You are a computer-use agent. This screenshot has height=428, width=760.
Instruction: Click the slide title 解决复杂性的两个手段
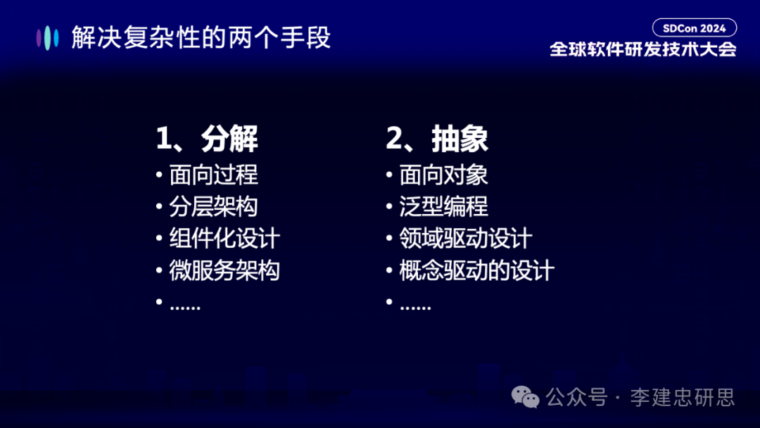coord(201,37)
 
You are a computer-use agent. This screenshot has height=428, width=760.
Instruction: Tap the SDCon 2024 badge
coord(694,28)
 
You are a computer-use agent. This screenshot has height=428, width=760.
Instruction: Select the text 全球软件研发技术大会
coord(642,49)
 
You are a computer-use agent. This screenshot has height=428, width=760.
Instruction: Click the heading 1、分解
coord(207,139)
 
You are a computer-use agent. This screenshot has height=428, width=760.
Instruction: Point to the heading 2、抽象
coord(437,139)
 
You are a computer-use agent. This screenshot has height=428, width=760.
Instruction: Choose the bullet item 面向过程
coord(213,175)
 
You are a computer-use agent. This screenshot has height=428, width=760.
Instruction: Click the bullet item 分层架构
coord(213,206)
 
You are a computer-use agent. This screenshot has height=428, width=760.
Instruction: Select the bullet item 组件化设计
coord(224,238)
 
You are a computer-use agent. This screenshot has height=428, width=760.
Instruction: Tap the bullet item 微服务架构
coord(224,270)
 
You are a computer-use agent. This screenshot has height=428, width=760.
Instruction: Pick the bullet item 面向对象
coord(443,175)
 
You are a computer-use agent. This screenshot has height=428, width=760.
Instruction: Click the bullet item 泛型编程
coord(443,206)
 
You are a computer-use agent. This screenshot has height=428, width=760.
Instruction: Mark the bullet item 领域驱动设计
coord(465,238)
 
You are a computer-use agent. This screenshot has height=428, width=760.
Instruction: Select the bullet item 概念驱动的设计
coord(476,270)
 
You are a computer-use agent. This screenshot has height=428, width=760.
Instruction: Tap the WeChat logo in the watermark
coord(526,397)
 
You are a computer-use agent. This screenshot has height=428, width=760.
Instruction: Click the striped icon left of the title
coord(48,37)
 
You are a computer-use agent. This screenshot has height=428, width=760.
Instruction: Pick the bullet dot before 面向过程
coord(160,175)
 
